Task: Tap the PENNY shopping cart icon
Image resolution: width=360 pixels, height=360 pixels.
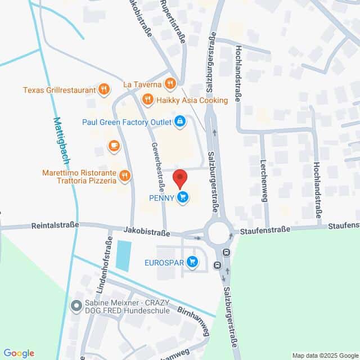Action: click(182, 197)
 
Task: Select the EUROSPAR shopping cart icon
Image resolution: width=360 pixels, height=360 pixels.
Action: click(192, 262)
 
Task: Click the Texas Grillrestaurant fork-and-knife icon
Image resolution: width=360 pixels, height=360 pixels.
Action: click(103, 89)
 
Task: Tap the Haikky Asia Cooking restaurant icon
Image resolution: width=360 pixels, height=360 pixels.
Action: click(147, 100)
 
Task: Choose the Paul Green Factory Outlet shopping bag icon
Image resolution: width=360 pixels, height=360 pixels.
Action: click(179, 121)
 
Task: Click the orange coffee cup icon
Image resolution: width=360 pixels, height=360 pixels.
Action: click(114, 146)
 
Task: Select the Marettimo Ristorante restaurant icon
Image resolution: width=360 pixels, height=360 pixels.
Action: click(125, 176)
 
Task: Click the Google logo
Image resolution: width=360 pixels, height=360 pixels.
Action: click(19, 353)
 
